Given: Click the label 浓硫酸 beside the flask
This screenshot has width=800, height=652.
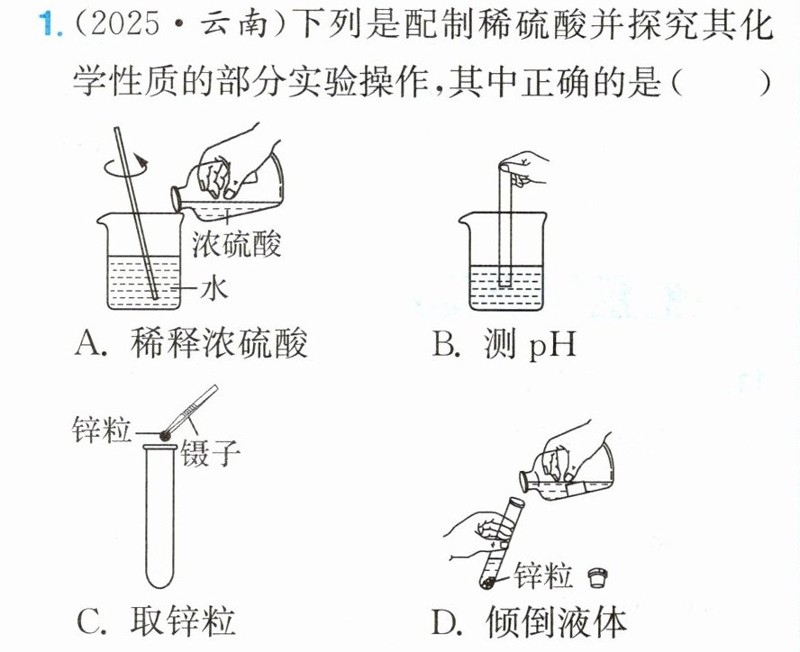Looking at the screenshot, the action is click(x=237, y=243).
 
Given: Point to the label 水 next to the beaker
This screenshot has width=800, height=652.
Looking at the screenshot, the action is click(x=214, y=288).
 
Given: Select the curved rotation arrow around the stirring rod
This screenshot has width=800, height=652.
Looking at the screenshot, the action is click(x=125, y=167).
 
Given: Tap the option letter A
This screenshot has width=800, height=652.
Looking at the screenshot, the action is click(x=90, y=342).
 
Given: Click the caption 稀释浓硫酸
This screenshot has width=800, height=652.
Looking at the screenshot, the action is click(x=218, y=342).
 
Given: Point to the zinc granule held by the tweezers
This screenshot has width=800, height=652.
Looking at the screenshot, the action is click(x=165, y=435).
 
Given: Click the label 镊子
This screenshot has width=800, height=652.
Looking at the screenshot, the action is click(x=210, y=451).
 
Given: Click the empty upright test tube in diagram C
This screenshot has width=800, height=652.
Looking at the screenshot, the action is click(x=159, y=516).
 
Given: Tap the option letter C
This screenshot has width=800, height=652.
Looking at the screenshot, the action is click(x=92, y=620).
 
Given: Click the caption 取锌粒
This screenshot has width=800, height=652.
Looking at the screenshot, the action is click(x=183, y=620).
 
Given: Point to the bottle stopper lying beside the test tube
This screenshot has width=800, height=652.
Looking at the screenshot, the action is click(x=597, y=578).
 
